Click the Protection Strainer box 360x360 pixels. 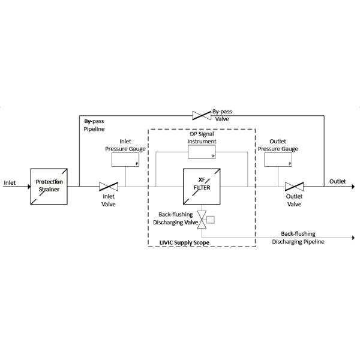pos(48,186)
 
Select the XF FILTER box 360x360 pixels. pos(201,186)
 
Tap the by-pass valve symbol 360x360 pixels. pos(200,114)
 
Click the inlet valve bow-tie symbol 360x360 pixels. pos(108,186)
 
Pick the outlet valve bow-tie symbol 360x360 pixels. pos(294,186)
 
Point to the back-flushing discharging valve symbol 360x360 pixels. pos(202,219)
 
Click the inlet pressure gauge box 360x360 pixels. pos(125,159)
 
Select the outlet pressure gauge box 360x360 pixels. pos(278,159)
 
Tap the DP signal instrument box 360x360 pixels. pos(201,152)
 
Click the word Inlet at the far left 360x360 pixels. pos(10,182)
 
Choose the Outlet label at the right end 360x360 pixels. pos(337,181)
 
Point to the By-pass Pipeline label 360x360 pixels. pos(94,125)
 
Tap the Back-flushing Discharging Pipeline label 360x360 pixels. pos(298,238)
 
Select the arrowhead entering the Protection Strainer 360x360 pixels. pos(28,186)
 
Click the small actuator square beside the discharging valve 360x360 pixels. pos(210,219)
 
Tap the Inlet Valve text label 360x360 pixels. pos(108,200)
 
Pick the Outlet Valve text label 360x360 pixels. pos(294,200)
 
